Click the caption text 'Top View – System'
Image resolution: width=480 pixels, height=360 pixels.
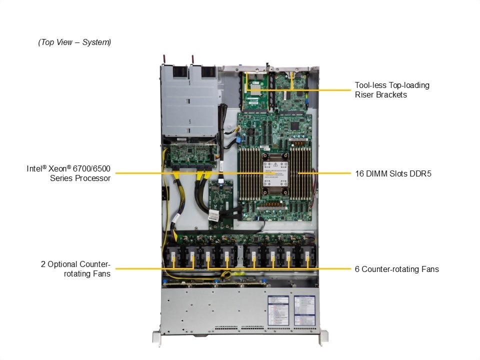[x=74, y=42]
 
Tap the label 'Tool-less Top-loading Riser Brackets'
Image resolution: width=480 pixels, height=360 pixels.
[x=392, y=89]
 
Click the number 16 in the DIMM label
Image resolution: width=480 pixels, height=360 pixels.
[x=359, y=173]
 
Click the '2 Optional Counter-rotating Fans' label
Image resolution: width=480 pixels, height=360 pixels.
[x=75, y=268]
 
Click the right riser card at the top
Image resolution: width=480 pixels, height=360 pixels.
[x=291, y=92]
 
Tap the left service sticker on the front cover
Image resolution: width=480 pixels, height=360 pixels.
[x=278, y=310]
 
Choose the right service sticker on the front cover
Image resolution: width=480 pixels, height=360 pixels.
[x=304, y=310]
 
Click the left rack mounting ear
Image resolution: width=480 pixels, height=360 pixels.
[x=157, y=337]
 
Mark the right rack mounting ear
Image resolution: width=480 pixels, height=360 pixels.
[x=323, y=337]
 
